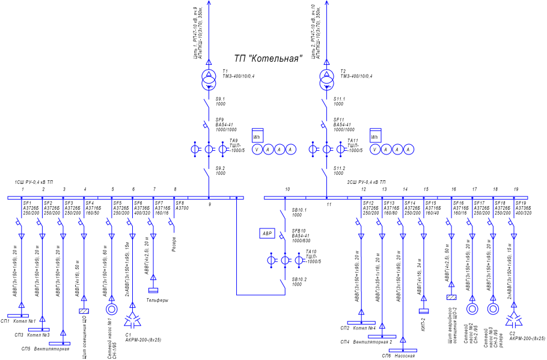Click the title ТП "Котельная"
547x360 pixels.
pos(267,58)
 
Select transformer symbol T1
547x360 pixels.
pos(209,78)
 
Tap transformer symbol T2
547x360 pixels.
pos(327,78)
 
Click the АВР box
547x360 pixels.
pos(267,233)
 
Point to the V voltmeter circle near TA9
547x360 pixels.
pos(257,149)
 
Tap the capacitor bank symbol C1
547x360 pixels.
pos(132,320)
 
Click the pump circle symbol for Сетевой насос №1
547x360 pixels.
pos(111,310)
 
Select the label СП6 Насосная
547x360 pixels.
pos(399,356)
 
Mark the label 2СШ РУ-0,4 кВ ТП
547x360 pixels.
pos(366,182)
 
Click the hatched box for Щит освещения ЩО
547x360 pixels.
pos(84,311)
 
